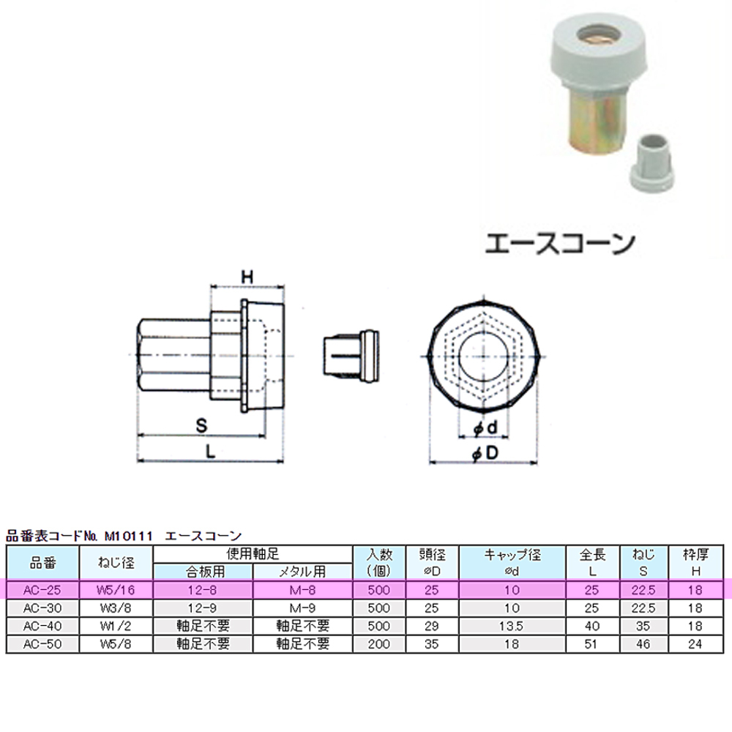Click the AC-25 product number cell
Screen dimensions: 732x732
(42, 590)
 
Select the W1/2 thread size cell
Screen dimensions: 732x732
(116, 626)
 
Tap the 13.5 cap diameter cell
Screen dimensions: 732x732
(512, 626)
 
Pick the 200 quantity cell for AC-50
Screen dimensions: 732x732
(378, 644)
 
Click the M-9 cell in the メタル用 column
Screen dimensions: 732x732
(302, 608)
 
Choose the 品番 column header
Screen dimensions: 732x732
(42, 563)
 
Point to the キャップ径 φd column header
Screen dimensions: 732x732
(512, 563)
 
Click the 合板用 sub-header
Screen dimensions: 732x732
(203, 572)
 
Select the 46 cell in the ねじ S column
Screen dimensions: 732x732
(643, 644)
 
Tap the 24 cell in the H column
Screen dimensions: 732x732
(695, 644)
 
